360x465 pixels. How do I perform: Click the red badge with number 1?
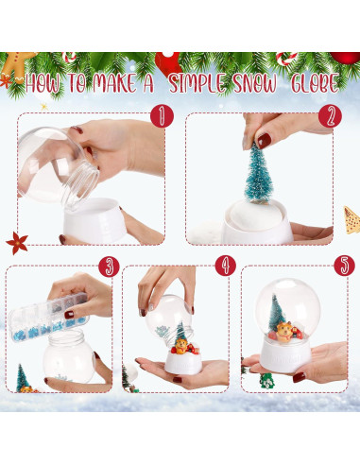[x=163, y=116]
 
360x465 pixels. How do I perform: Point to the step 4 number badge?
[x=225, y=266]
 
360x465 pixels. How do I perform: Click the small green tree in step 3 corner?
[x=22, y=378]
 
